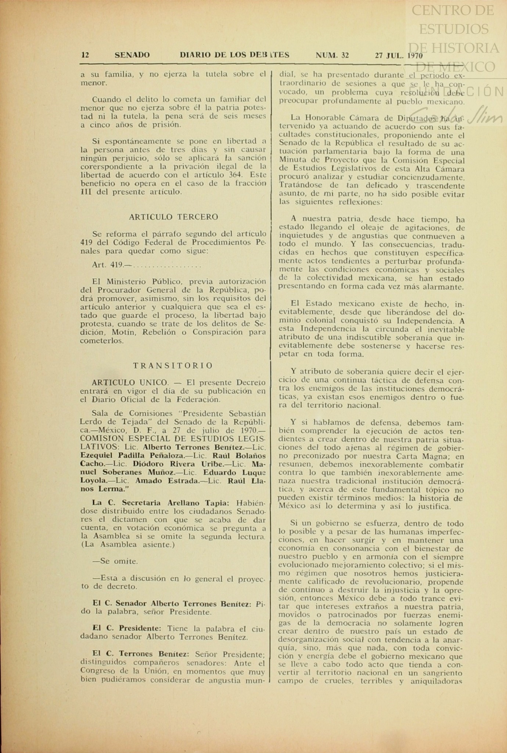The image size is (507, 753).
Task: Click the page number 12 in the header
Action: pos(85,55)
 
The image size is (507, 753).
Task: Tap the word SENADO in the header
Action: pos(132,55)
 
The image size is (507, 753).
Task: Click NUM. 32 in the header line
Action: pos(332,55)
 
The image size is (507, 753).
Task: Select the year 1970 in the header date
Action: pos(414,55)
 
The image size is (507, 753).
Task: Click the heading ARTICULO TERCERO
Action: pos(173,217)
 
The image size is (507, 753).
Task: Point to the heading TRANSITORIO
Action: pos(173,366)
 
